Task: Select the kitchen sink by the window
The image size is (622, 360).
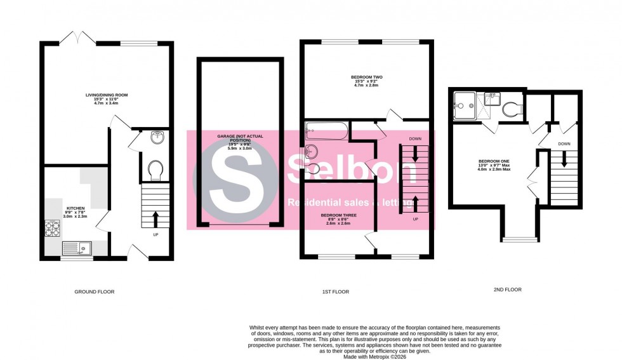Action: [76, 248]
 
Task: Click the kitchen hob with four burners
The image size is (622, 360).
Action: [51, 228]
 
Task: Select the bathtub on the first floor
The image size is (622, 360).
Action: [326, 131]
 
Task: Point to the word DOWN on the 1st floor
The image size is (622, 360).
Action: [415, 138]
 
